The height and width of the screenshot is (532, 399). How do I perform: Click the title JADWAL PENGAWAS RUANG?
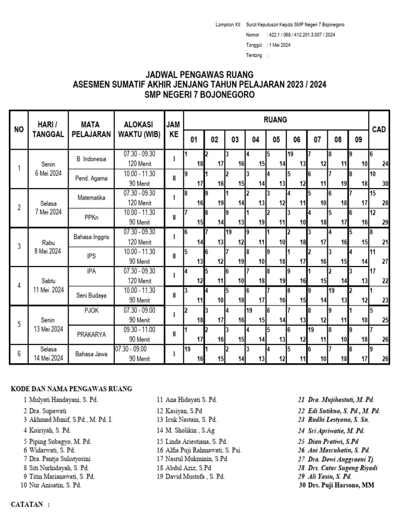(x=199, y=75)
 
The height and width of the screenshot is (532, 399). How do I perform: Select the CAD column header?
(x=379, y=129)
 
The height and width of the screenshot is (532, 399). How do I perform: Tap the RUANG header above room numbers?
(x=276, y=120)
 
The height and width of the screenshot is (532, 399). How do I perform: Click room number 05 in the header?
(x=276, y=139)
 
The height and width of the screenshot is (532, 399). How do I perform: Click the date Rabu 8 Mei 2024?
(x=48, y=246)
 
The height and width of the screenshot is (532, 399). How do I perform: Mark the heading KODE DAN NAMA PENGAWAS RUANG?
(x=72, y=388)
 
